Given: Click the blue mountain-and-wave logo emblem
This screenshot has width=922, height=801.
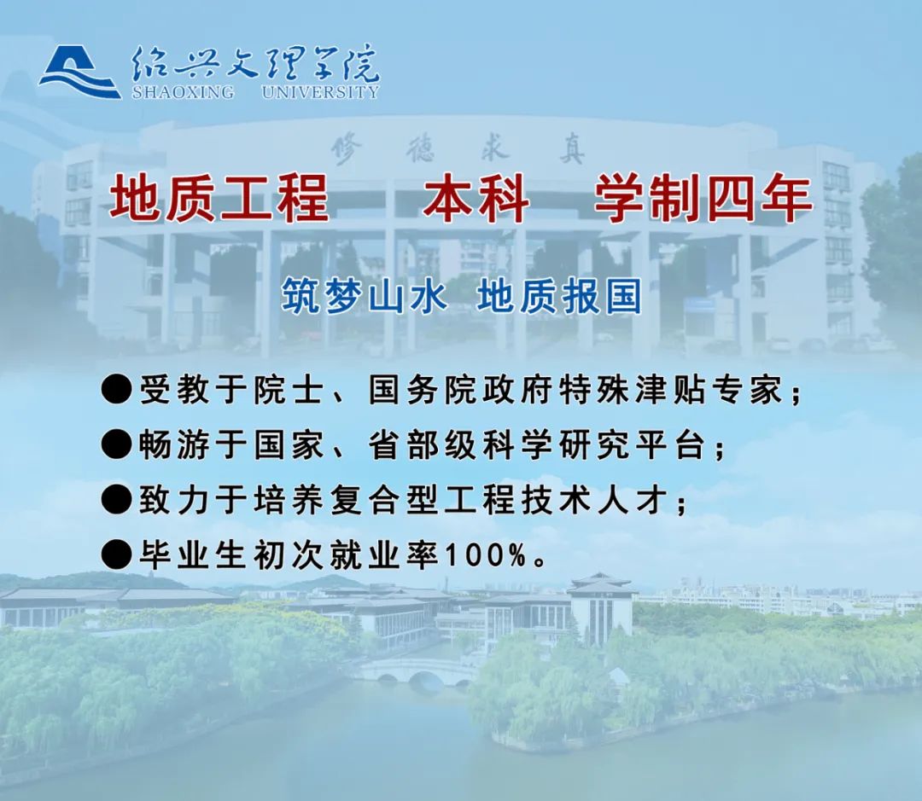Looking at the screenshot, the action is click(79, 73).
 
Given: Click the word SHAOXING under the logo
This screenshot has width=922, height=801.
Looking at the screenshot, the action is click(183, 92).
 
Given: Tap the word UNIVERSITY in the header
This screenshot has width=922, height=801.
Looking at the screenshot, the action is click(320, 92).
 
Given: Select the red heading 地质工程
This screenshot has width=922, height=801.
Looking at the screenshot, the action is click(219, 199).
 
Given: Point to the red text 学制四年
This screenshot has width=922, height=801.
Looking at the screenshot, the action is click(703, 199).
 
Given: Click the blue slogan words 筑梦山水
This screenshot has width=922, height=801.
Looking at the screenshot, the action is click(364, 296).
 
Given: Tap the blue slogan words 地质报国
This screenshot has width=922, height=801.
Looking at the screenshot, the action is click(559, 296).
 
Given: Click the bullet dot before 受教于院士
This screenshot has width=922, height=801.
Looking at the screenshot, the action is click(116, 389).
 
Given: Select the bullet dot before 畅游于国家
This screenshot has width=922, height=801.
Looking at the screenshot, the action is click(116, 444).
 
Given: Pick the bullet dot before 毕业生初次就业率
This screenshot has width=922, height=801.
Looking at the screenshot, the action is click(116, 554).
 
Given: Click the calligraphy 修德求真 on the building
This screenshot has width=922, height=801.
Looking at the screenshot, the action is click(458, 149).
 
